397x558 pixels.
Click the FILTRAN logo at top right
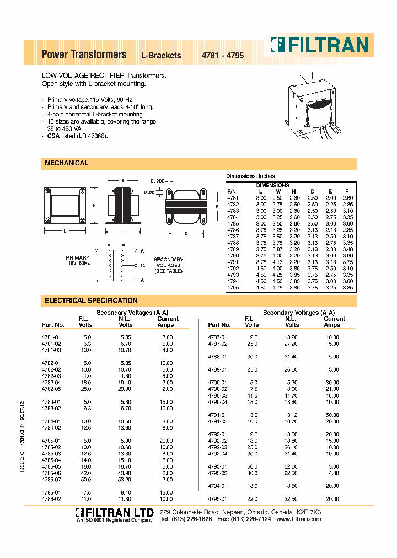point(319,44)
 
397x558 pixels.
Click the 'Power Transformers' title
point(84,55)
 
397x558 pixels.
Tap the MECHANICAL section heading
point(66,163)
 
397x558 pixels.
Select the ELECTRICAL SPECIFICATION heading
point(91,301)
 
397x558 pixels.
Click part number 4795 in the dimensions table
point(233,288)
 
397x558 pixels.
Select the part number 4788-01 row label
point(217,356)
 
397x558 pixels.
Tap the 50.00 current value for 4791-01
point(332,415)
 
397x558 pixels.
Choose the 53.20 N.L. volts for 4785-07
point(125,480)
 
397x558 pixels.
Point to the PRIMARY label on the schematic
point(77,257)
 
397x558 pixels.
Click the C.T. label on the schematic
point(144,265)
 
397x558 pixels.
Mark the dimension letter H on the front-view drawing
point(95,205)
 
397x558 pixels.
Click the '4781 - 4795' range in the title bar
point(222,56)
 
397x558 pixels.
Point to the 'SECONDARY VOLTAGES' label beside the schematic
point(168,266)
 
